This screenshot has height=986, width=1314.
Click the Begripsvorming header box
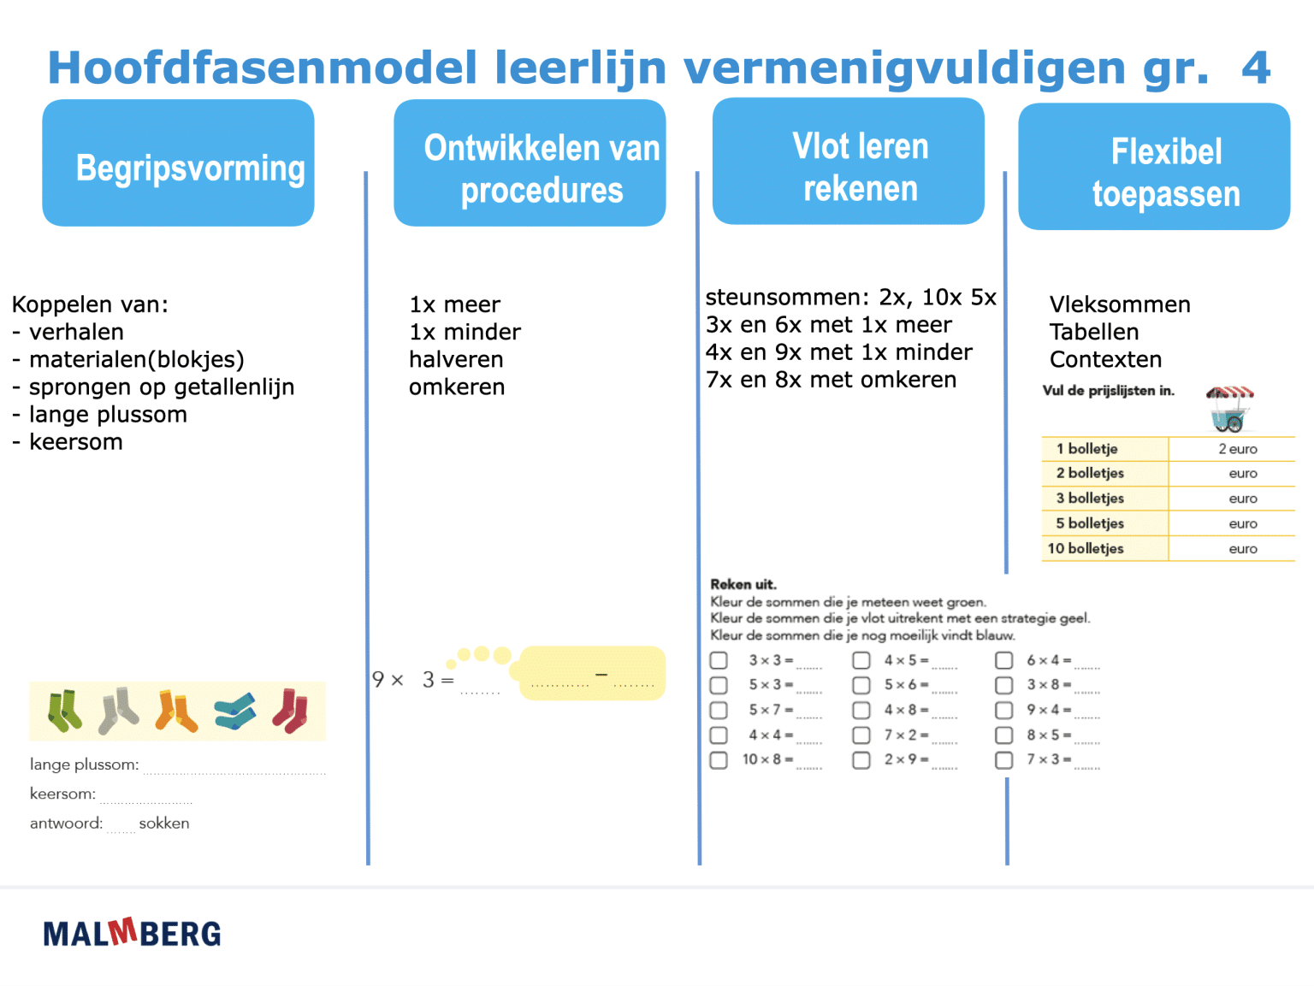[x=178, y=163]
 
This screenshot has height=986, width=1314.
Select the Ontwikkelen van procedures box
[x=530, y=163]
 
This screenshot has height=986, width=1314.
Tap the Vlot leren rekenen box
[x=848, y=162]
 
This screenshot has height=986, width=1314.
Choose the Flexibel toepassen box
[x=1154, y=167]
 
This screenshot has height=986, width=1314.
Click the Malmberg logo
[x=132, y=933]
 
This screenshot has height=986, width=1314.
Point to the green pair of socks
[x=65, y=711]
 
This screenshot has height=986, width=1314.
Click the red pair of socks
[x=291, y=711]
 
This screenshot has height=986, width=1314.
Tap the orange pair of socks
[x=176, y=711]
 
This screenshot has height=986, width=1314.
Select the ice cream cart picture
[x=1229, y=407]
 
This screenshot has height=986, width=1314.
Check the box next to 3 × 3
[x=719, y=660]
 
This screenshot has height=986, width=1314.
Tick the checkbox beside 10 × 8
[x=719, y=759]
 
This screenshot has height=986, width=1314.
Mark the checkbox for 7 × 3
[x=1004, y=759]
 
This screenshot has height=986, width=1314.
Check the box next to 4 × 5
[x=861, y=660]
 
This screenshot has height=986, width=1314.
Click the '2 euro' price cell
[x=1237, y=449]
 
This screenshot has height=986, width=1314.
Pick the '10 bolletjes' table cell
[x=1104, y=549]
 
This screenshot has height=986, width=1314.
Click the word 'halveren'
[x=456, y=359]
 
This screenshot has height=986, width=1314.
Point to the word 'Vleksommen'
[x=1120, y=304]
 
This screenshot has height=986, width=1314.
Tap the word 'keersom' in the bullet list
[x=76, y=442]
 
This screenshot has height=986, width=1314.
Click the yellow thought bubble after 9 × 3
[x=592, y=674]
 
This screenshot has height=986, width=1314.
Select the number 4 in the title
[x=1256, y=68]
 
